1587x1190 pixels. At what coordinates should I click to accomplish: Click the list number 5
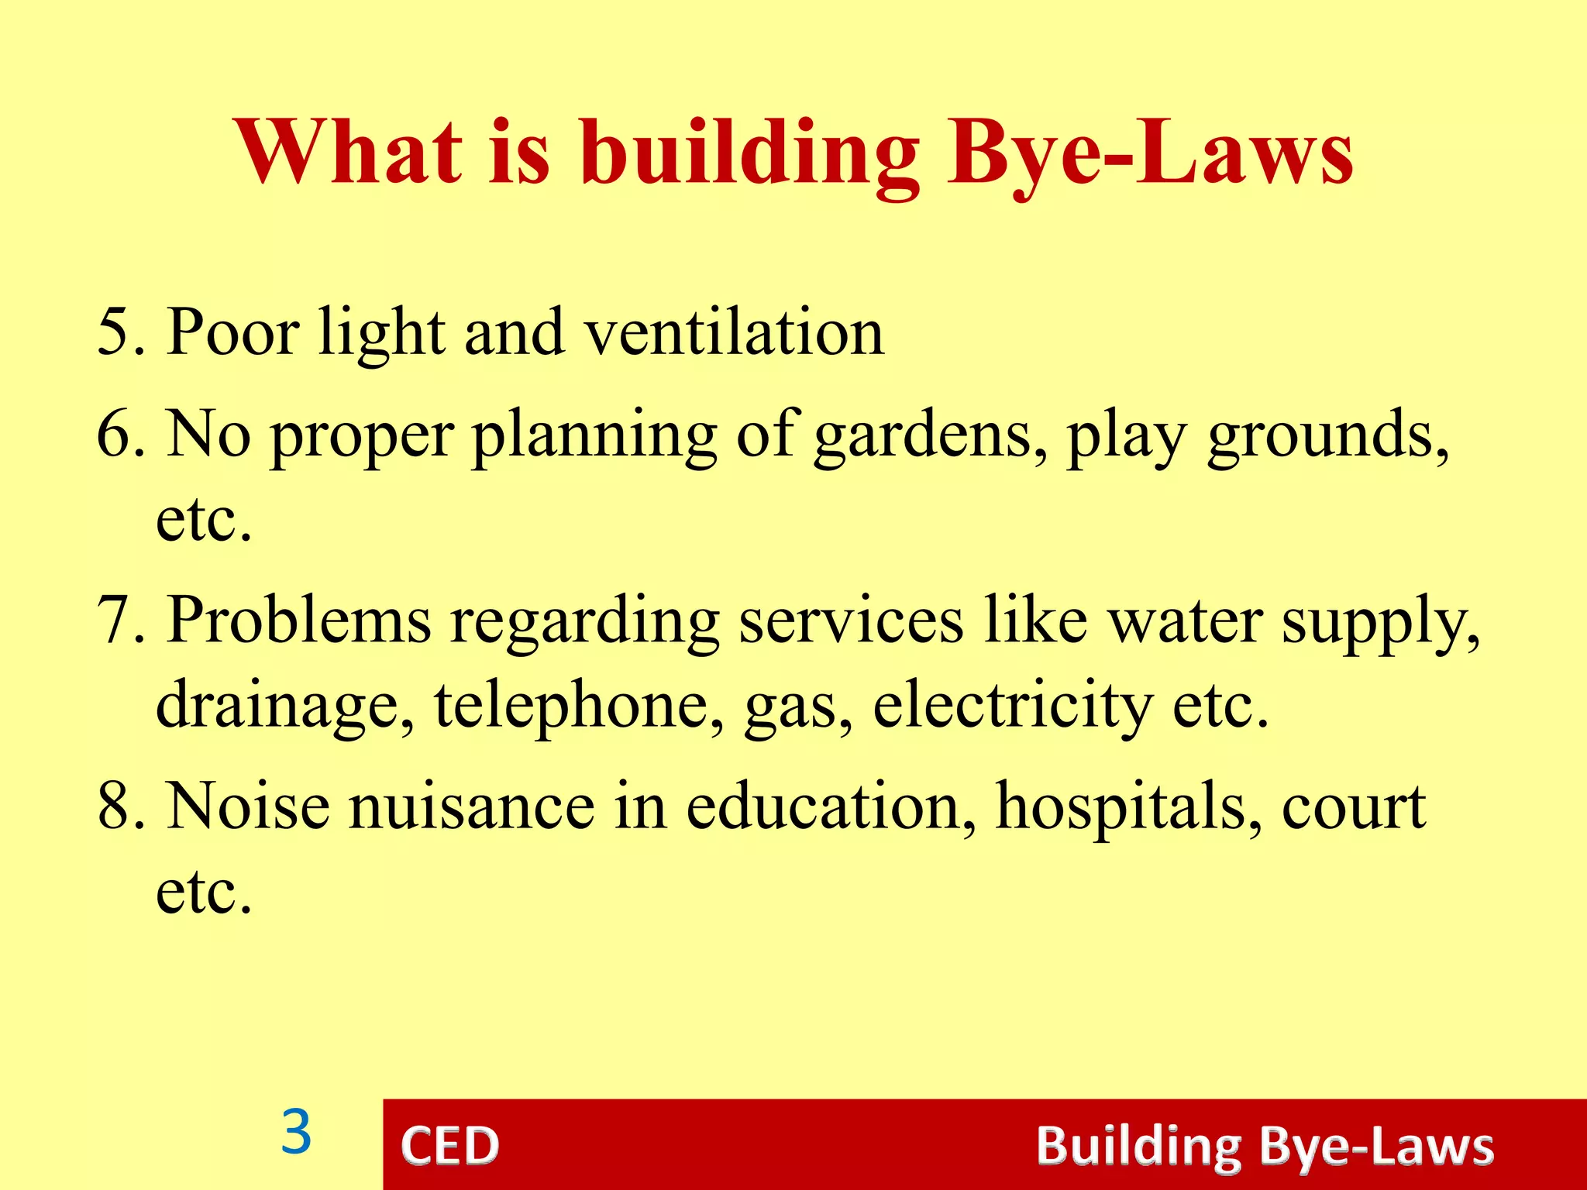point(115,332)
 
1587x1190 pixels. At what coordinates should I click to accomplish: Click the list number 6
point(115,434)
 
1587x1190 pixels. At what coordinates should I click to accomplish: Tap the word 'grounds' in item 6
point(1327,435)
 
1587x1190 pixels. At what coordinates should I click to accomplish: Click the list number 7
point(115,620)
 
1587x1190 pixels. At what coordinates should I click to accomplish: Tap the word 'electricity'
point(1012,705)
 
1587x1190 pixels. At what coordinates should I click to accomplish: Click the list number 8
point(115,806)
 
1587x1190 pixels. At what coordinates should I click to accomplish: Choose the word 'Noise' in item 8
point(248,806)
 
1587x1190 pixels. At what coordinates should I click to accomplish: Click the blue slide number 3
point(296,1133)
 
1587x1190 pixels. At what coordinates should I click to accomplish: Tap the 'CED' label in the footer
point(449,1146)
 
